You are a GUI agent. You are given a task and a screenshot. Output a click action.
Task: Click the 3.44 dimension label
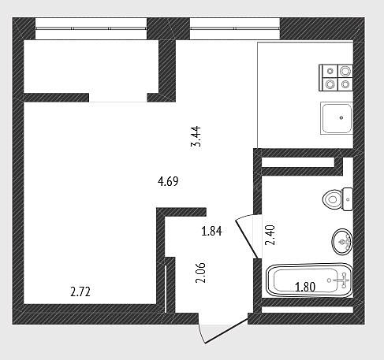(196, 138)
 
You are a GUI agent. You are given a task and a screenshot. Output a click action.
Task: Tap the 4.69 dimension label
(168, 181)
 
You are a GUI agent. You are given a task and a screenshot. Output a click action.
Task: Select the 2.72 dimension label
(80, 291)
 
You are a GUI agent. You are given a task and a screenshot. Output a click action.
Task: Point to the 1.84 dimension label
(211, 231)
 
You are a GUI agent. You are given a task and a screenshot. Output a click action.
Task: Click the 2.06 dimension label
(201, 273)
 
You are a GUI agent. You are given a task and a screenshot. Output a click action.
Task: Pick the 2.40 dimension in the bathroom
(270, 235)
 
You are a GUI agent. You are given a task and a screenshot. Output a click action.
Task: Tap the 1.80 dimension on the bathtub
(305, 287)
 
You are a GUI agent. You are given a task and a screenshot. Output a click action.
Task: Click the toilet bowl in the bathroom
(332, 199)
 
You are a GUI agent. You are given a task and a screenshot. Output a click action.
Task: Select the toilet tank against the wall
(348, 199)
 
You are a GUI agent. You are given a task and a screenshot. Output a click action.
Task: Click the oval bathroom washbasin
(342, 242)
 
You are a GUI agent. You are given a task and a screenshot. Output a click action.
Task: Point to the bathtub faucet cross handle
(344, 280)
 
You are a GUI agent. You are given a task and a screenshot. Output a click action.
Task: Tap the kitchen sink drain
(341, 118)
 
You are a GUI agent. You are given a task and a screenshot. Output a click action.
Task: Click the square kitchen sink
(337, 118)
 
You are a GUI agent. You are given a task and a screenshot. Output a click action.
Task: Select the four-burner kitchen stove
(336, 78)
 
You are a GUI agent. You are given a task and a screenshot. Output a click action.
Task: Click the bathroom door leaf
(247, 239)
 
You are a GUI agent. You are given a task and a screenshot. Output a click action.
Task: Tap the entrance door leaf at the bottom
(226, 330)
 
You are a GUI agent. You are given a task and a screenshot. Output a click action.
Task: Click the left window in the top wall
(91, 28)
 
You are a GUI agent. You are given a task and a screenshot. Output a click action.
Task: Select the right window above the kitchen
(235, 28)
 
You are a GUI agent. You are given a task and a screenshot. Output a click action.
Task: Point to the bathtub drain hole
(329, 280)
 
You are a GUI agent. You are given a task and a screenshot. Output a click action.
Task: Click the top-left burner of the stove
(330, 71)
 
